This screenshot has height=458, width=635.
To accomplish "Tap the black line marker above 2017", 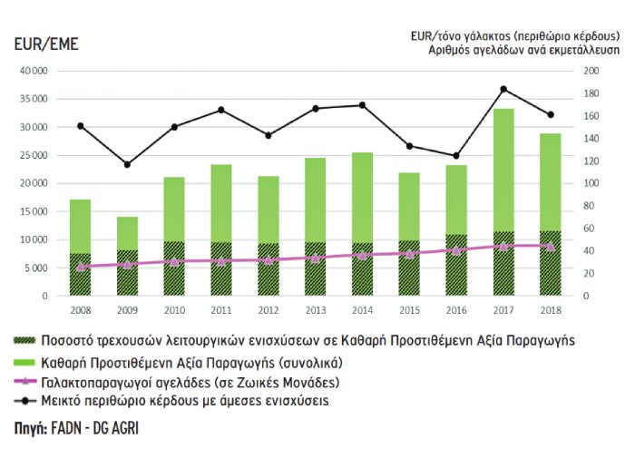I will (x=503, y=89).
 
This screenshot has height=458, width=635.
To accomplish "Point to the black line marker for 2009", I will (x=127, y=164).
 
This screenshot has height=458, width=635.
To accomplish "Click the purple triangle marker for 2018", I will (x=550, y=246).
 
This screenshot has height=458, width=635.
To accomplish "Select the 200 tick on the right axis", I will (x=591, y=71).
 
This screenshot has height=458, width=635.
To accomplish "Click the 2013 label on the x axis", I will (x=315, y=311).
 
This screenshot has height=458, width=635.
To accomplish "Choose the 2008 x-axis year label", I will (x=80, y=311).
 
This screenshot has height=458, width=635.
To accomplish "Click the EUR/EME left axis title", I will (x=46, y=44).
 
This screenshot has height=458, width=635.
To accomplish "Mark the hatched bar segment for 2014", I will (x=362, y=269).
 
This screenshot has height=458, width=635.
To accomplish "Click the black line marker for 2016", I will (x=456, y=156).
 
